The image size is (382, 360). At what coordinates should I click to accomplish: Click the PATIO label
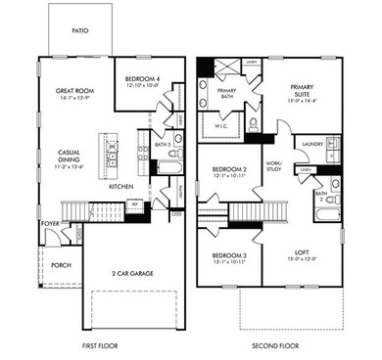point(80,31)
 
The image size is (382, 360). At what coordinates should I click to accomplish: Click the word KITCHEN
point(120,186)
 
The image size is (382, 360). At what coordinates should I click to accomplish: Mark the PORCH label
point(60,264)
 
